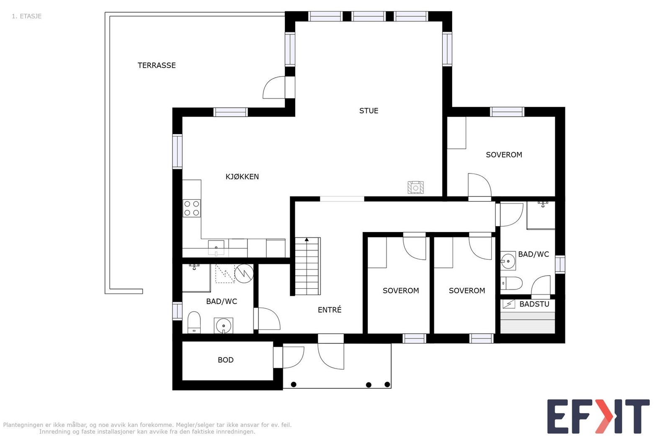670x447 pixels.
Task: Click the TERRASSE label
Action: [157, 65]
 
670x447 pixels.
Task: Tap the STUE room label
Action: [369, 111]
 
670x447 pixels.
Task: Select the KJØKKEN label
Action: [242, 176]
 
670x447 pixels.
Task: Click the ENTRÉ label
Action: [329, 310]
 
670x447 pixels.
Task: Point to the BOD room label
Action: [226, 360]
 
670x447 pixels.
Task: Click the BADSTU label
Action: [534, 304]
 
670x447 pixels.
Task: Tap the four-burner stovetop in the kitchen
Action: [192, 208]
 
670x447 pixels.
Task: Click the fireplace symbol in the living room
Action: [415, 188]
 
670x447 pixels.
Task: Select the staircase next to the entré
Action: [308, 266]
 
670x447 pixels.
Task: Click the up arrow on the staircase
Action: [307, 239]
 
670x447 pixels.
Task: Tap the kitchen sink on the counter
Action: [216, 248]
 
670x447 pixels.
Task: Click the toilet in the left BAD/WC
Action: [194, 322]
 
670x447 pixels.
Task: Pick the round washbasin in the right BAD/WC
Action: [508, 261]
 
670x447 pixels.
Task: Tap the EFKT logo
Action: [598, 416]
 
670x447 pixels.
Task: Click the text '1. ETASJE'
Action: [27, 16]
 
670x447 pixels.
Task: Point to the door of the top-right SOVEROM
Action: [479, 186]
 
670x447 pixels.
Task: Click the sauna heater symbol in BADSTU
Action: [508, 304]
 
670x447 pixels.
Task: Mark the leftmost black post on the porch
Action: [294, 385]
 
